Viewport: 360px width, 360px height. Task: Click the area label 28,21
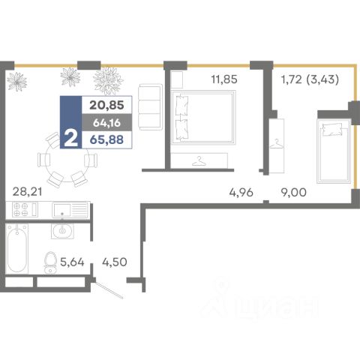[x=27, y=192]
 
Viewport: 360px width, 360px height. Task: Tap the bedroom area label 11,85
[x=224, y=79]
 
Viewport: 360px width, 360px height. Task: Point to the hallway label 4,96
[x=241, y=193]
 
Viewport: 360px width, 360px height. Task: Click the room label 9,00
[x=294, y=193]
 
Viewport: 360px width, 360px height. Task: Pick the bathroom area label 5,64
[x=72, y=262]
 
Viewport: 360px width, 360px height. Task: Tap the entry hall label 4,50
[x=115, y=262]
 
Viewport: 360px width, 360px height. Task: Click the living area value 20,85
[x=106, y=105]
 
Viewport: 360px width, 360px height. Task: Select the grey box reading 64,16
[x=106, y=123]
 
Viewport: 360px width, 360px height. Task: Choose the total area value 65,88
[x=106, y=139]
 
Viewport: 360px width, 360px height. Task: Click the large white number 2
[x=70, y=139]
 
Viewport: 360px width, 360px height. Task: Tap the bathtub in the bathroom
[x=16, y=248]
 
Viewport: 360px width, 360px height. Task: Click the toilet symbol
[x=50, y=262]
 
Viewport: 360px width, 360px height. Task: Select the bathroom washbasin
[x=62, y=230]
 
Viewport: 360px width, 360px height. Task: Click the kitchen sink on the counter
[x=70, y=209]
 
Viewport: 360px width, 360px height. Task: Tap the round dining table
[x=67, y=160]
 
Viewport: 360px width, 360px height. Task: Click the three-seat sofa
[x=150, y=107]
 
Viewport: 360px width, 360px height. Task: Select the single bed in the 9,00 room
[x=334, y=151]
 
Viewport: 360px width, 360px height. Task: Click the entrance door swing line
[x=109, y=290]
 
